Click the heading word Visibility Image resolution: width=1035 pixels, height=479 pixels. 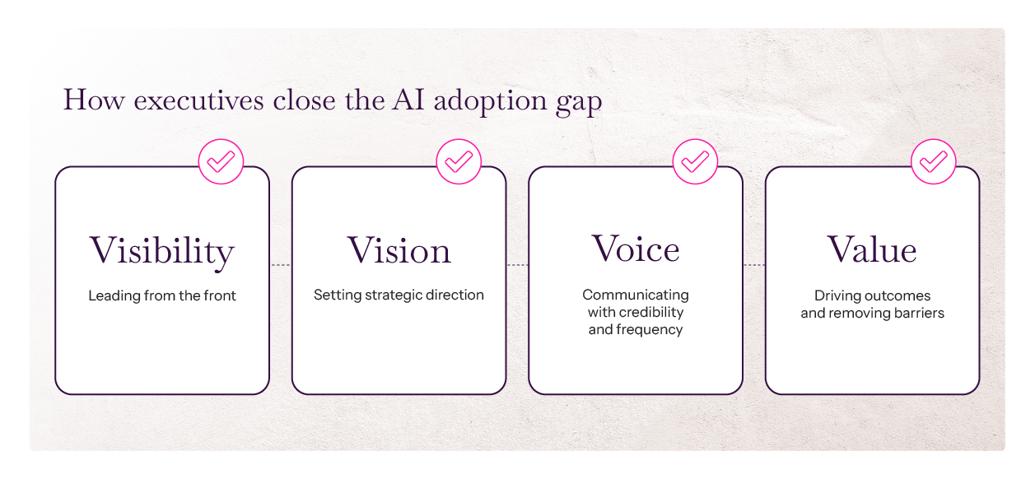(x=161, y=251)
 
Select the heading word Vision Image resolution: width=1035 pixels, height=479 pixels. (x=399, y=250)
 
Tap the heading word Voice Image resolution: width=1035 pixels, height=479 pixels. (x=636, y=249)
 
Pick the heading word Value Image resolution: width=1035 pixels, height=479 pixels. (x=872, y=249)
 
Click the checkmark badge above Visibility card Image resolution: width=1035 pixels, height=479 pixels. (x=221, y=161)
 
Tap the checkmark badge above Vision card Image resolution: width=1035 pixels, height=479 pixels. (x=459, y=161)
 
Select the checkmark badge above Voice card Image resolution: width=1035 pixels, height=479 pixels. (x=696, y=161)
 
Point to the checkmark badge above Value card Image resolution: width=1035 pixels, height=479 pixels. (x=933, y=161)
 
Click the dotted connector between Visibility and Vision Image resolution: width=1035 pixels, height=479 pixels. (x=281, y=265)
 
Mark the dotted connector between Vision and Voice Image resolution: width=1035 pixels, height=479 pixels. (x=517, y=265)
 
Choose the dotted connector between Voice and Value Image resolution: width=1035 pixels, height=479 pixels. (x=754, y=265)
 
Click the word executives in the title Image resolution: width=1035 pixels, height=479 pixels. (x=198, y=100)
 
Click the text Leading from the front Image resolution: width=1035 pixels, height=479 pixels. (x=162, y=295)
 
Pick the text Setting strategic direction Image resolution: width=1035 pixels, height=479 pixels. (x=399, y=295)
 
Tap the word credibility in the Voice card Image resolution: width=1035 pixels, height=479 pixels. (x=650, y=313)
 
